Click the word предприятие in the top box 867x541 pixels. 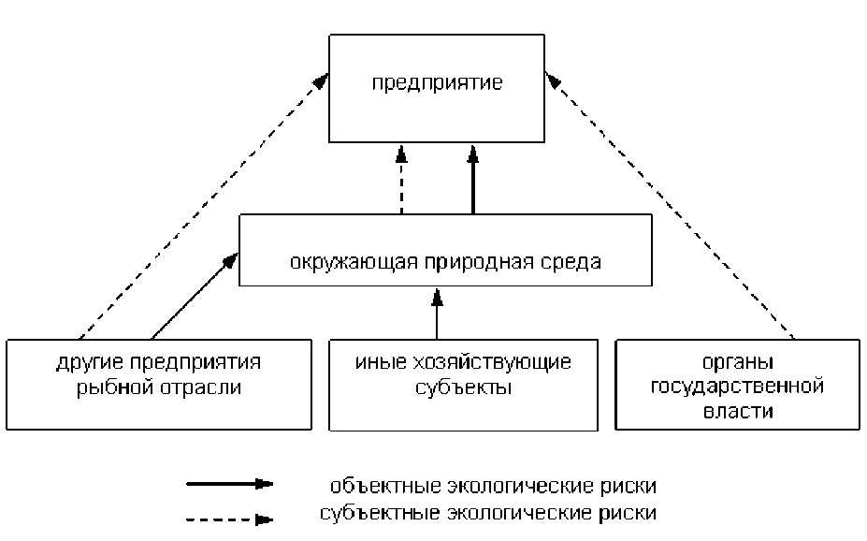pyautogui.click(x=437, y=82)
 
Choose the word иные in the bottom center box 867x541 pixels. pyautogui.click(x=374, y=362)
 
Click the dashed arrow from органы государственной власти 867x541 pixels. pyautogui.click(x=673, y=206)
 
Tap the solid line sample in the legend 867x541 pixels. pyautogui.click(x=229, y=484)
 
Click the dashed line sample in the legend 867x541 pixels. pyautogui.click(x=229, y=516)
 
